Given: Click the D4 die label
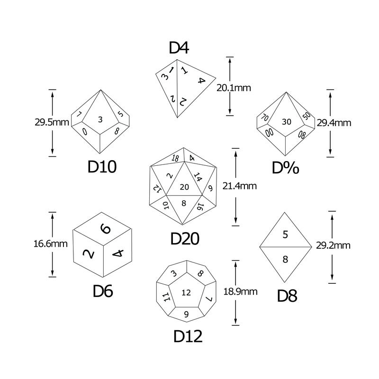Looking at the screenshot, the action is [179, 48].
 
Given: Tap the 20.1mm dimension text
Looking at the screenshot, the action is [234, 88].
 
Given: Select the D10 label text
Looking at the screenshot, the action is [102, 167].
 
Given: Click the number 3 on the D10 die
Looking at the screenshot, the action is [100, 119].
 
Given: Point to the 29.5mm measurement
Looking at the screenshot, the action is [52, 122].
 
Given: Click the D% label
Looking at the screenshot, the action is [286, 168].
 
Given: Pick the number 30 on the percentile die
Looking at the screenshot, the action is [287, 122].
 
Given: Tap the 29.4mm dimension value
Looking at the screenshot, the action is [334, 123].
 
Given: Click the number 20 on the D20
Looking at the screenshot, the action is [184, 187].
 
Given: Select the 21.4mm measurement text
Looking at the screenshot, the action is [240, 186].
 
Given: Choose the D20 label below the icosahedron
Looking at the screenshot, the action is [185, 239].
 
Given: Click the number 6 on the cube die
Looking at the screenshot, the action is [106, 229].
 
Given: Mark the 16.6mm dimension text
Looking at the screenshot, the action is [51, 244].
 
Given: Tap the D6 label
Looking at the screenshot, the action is [103, 291].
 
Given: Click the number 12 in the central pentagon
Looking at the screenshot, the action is [186, 293].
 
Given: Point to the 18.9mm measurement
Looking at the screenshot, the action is [240, 292].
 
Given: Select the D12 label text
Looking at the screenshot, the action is [188, 336].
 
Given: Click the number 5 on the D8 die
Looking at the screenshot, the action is [285, 235].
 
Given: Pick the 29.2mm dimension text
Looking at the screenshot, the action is [333, 245].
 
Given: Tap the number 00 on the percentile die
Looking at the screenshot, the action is [270, 132].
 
